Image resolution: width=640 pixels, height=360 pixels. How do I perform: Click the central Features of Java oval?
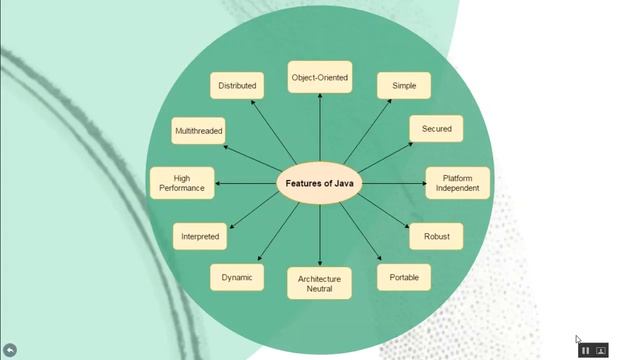[x=319, y=184]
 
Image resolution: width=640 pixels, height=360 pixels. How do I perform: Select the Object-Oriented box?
[x=319, y=78]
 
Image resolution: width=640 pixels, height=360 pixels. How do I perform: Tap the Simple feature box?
[x=403, y=86]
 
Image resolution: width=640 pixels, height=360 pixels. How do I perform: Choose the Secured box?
[x=436, y=129]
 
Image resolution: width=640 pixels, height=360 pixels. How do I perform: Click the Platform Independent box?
[x=458, y=183]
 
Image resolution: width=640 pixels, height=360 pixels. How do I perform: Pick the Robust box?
[x=436, y=237]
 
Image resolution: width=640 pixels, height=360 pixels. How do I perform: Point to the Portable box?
[x=404, y=277]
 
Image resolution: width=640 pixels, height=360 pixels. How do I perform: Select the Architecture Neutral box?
[x=320, y=283]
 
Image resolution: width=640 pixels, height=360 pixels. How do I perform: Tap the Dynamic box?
[x=237, y=277]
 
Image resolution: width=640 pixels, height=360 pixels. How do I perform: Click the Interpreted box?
[x=200, y=237]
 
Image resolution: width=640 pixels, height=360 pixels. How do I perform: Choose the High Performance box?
[x=182, y=183]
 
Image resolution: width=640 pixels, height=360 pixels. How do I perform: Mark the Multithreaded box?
[x=199, y=131]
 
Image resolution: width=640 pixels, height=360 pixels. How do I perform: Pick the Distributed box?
[x=237, y=86]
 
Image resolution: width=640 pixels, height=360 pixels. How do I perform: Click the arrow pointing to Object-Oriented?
[x=319, y=130]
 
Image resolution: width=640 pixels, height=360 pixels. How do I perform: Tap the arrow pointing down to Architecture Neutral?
[x=320, y=235]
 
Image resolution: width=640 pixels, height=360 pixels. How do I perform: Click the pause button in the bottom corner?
[x=586, y=350]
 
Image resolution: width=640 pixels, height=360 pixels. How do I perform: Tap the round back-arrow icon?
[x=11, y=349]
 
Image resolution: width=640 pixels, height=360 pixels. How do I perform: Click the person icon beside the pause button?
[x=602, y=350]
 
